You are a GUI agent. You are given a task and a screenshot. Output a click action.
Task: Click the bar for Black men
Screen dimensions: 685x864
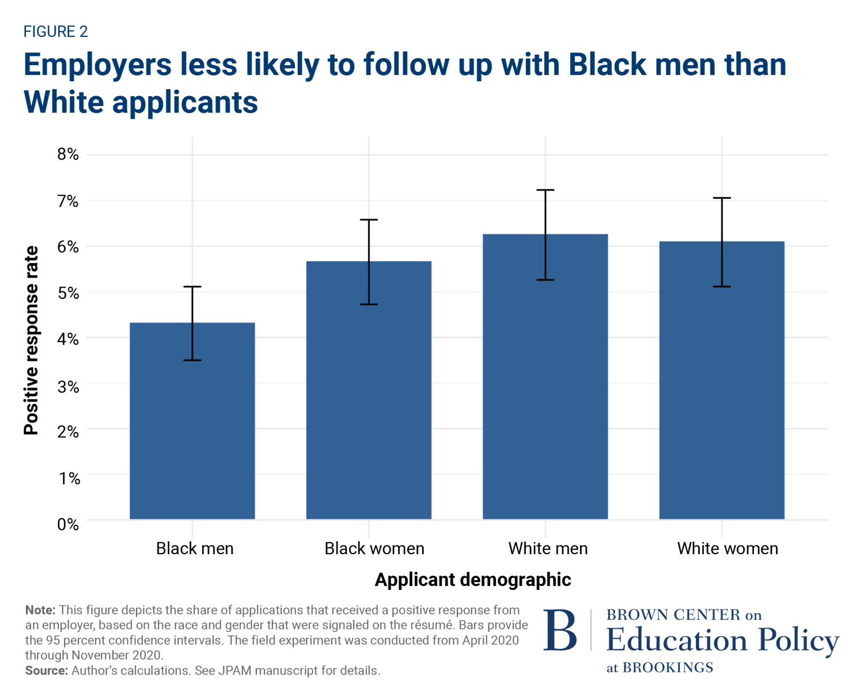(192, 421)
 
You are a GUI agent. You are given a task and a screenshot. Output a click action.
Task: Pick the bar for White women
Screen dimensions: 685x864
(722, 380)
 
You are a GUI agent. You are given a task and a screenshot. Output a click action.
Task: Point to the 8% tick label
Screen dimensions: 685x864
(68, 154)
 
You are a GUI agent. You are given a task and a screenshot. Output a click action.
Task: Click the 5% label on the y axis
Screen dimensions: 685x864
(68, 293)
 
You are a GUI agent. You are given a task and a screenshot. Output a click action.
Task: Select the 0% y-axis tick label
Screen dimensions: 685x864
(68, 524)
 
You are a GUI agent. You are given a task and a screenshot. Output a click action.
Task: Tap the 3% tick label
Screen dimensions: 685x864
(68, 386)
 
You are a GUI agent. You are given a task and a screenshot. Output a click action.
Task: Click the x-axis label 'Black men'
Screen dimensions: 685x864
(195, 548)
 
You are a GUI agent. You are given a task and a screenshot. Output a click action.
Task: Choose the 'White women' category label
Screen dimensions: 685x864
(727, 548)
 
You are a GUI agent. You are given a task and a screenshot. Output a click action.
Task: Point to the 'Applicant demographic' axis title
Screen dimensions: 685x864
(473, 580)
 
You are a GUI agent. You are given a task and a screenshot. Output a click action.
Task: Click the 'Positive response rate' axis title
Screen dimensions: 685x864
(31, 340)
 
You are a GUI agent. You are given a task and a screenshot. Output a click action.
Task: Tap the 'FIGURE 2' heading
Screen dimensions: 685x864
(55, 32)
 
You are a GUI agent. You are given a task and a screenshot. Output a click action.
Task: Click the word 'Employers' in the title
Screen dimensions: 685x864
(97, 65)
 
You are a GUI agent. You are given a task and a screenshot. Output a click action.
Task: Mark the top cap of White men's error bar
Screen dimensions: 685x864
(545, 190)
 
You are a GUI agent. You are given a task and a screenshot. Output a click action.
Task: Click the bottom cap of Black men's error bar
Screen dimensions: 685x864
(192, 360)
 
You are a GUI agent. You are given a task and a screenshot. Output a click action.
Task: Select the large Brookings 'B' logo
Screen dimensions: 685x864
(560, 631)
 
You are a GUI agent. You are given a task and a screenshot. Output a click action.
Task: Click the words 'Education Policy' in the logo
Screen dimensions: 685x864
(722, 640)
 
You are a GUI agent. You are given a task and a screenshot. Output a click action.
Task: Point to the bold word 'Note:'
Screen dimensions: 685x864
(40, 610)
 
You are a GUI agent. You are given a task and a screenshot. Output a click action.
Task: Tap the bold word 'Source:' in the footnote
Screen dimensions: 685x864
(47, 671)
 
